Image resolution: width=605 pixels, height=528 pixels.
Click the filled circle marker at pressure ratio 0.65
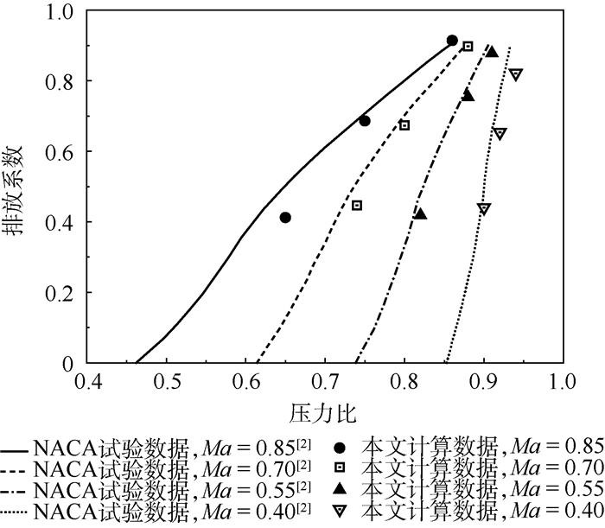tap(285, 218)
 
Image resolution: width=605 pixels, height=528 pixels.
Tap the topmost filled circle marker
tap(452, 41)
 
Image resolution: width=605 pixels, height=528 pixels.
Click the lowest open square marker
tap(357, 206)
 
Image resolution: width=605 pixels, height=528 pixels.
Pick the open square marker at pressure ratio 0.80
tap(404, 125)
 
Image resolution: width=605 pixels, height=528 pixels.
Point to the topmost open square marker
tap(468, 47)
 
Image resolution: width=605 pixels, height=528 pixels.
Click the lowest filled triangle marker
tap(420, 213)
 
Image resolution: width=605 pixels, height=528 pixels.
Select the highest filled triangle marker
tap(492, 52)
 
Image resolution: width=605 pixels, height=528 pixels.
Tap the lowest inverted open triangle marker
tap(484, 208)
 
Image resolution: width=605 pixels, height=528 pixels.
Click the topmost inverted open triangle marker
tap(516, 74)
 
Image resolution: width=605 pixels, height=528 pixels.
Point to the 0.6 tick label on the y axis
tap(55, 151)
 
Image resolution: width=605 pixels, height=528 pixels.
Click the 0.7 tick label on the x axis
tap(325, 380)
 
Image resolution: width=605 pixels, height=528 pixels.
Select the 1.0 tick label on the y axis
tap(55, 11)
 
